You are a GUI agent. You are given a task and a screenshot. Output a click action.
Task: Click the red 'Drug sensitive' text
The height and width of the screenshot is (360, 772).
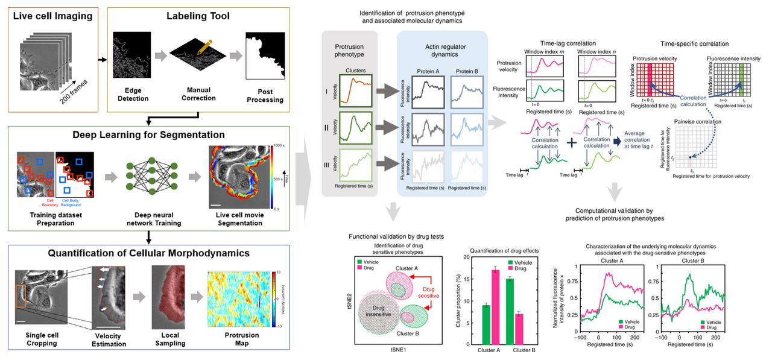pyautogui.click(x=432, y=293)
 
